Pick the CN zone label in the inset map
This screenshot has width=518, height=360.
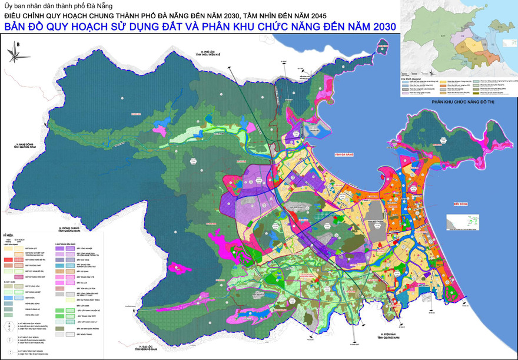coord(462,37)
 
